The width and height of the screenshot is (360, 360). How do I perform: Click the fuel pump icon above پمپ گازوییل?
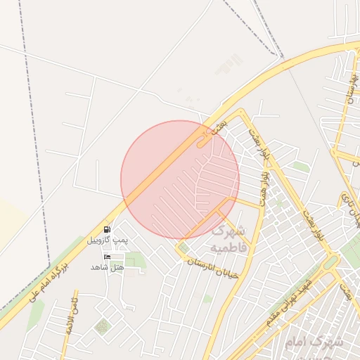coord(107,229)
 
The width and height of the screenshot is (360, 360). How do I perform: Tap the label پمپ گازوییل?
coord(108,240)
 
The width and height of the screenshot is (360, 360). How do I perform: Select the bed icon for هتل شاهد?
coord(107,257)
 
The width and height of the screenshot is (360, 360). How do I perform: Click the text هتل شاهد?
coord(107,267)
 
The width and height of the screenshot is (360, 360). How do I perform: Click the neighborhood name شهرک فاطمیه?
coord(228,239)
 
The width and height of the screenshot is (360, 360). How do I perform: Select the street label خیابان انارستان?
coord(213,267)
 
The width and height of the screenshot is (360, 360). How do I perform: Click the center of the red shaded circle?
coord(180,179)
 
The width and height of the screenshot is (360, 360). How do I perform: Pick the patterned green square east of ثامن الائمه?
coord(103,327)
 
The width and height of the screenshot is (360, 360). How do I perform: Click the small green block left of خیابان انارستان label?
coord(184,248)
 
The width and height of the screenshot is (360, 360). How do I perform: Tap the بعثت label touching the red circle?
coord(219,127)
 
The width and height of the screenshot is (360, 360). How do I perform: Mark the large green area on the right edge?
coord(351,250)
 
